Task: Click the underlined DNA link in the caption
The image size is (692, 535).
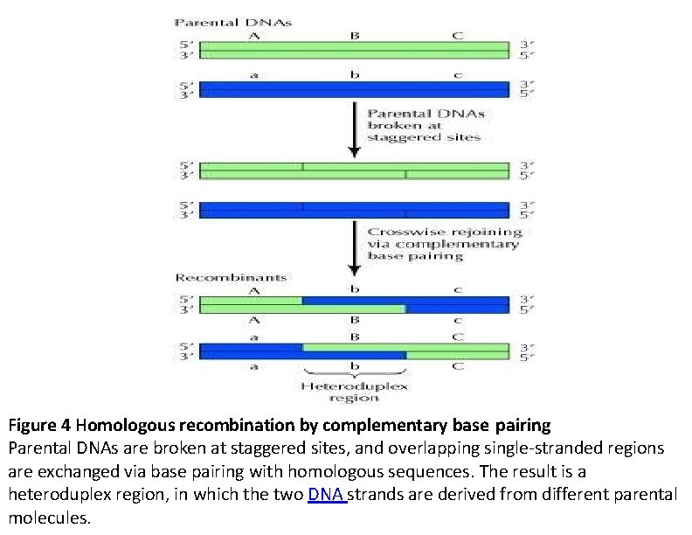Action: coord(327,495)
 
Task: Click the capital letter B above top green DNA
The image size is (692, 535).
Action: coord(354,35)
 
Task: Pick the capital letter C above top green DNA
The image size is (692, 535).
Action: coord(457,35)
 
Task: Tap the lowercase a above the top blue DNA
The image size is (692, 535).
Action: coord(253,75)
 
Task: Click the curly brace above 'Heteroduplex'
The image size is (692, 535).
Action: coord(354,373)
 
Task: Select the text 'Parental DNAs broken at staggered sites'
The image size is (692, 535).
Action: coord(425,125)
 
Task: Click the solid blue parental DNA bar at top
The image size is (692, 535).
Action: coord(354,89)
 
